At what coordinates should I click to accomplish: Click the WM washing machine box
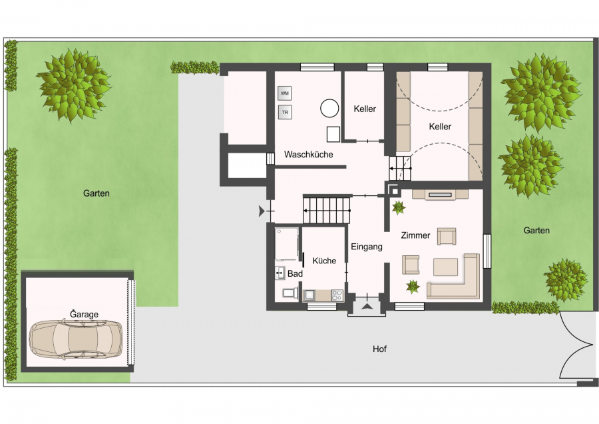[x=285, y=93]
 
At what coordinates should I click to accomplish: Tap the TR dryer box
[x=285, y=113]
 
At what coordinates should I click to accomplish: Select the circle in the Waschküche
[x=329, y=108]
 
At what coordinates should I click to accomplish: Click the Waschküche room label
[x=309, y=155]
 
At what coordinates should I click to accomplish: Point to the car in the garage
[x=76, y=339]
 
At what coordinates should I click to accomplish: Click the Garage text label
[x=84, y=314]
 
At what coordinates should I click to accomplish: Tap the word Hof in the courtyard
[x=380, y=349]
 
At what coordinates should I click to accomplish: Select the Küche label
[x=324, y=261]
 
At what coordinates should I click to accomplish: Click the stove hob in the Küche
[x=337, y=295]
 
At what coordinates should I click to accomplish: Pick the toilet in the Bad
[x=290, y=293]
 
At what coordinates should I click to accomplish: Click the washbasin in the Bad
[x=280, y=273]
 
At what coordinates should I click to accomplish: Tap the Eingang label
[x=367, y=247]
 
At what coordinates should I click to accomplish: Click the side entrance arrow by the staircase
[x=262, y=211]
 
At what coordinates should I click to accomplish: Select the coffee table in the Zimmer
[x=445, y=267]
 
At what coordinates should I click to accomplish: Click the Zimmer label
[x=415, y=235]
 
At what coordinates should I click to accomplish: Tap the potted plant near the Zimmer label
[x=399, y=207]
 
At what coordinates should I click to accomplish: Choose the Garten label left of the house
[x=97, y=193]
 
